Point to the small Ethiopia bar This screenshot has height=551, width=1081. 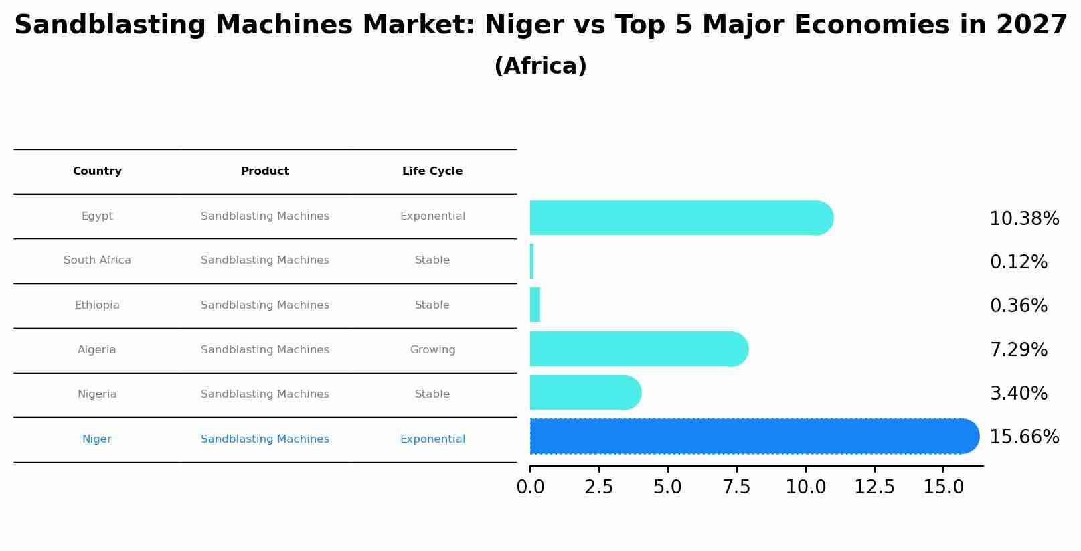[x=535, y=305]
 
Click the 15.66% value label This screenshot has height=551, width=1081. [x=1023, y=437]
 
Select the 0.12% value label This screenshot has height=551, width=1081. [x=1018, y=262]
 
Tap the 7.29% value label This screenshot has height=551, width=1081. [x=1018, y=350]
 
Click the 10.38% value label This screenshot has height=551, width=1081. [x=1023, y=219]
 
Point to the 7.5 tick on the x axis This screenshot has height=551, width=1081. [x=736, y=487]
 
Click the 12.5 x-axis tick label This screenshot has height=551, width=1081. [x=874, y=487]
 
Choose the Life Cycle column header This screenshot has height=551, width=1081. [x=432, y=171]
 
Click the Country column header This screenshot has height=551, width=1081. [x=97, y=171]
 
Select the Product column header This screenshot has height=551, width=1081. [x=265, y=171]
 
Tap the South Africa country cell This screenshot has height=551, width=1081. [x=97, y=260]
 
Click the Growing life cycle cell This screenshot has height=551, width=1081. [x=432, y=350]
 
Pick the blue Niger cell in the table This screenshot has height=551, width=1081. [x=97, y=439]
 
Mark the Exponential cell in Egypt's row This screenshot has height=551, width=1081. [x=432, y=216]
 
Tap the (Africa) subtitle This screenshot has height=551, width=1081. [x=540, y=66]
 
